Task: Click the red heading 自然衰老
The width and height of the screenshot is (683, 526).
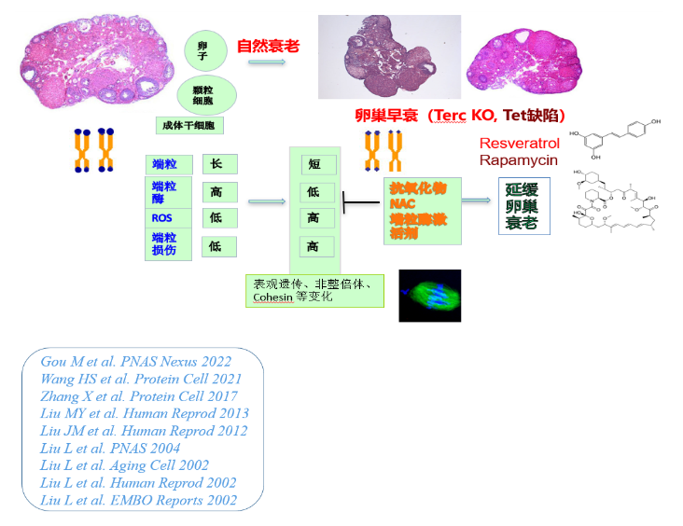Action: [267, 45]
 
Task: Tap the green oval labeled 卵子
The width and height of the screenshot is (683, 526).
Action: [202, 52]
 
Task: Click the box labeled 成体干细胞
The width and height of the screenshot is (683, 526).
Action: [189, 125]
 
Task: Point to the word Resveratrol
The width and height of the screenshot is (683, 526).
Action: [520, 144]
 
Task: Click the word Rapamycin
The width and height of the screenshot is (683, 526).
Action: [519, 160]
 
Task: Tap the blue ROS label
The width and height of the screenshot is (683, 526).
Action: [163, 218]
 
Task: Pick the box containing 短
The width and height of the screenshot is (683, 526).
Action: [316, 164]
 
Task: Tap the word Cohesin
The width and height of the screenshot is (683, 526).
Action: [272, 298]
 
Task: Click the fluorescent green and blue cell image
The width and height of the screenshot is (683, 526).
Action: [430, 296]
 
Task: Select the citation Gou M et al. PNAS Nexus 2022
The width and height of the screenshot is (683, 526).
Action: [135, 362]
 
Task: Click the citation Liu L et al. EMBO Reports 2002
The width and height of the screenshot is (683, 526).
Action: [138, 501]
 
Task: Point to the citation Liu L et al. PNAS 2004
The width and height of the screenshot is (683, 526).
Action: [110, 449]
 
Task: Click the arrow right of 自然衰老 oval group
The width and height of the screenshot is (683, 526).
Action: [267, 63]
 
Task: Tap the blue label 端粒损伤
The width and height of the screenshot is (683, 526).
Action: [164, 245]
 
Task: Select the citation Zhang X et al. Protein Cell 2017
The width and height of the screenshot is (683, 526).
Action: [137, 396]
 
